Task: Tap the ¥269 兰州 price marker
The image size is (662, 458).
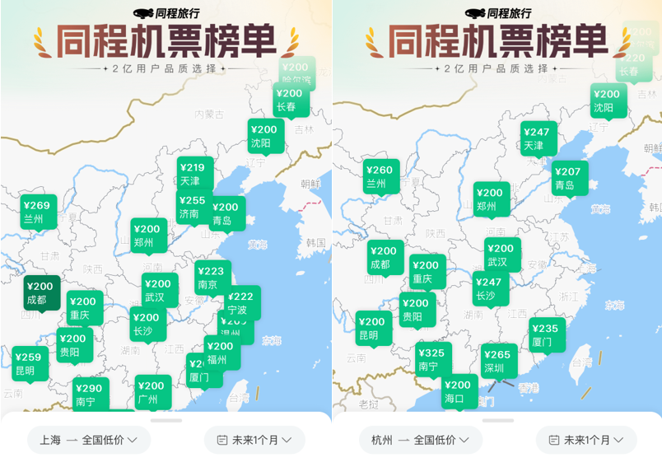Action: click(x=39, y=212)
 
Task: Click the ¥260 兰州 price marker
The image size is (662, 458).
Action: click(x=381, y=177)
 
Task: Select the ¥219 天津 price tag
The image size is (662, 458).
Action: click(x=195, y=174)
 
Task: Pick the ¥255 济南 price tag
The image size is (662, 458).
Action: click(x=191, y=207)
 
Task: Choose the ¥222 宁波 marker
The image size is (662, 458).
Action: click(x=242, y=303)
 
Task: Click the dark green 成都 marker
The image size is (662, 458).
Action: click(x=40, y=293)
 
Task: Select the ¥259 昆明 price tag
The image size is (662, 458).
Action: click(x=28, y=363)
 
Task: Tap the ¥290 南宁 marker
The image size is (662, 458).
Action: click(x=90, y=395)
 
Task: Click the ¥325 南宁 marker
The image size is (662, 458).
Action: click(x=433, y=360)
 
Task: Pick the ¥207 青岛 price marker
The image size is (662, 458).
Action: click(x=570, y=178)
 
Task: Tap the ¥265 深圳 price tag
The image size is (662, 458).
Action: click(x=498, y=361)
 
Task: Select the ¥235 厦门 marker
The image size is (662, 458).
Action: click(x=547, y=334)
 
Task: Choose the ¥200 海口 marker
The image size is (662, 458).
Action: click(x=459, y=391)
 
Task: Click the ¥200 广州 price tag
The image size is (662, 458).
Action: click(x=153, y=392)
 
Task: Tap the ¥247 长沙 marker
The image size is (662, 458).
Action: click(x=490, y=288)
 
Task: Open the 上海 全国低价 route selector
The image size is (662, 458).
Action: click(x=89, y=440)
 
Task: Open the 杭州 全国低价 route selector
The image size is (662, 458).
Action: click(x=420, y=440)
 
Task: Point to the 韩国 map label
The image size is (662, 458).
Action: click(x=315, y=243)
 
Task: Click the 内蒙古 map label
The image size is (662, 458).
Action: click(x=209, y=114)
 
